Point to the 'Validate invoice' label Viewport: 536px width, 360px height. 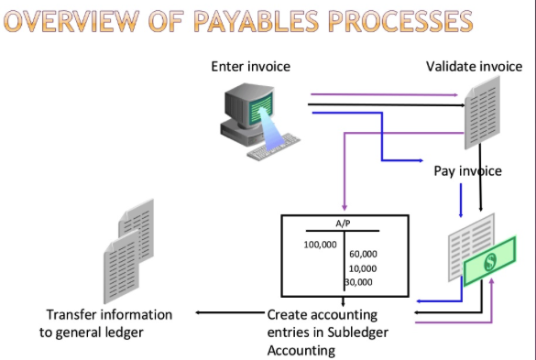pyautogui.click(x=474, y=67)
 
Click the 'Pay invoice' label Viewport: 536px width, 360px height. pyautogui.click(x=467, y=170)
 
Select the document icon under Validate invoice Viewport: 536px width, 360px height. pyautogui.click(x=483, y=110)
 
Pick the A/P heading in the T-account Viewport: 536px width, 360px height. pyautogui.click(x=343, y=224)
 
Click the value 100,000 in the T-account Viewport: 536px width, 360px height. pyautogui.click(x=320, y=245)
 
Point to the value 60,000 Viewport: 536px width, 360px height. pyautogui.click(x=363, y=254)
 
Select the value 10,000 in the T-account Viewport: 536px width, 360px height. pyautogui.click(x=363, y=268)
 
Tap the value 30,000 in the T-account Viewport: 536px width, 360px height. pyautogui.click(x=358, y=282)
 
